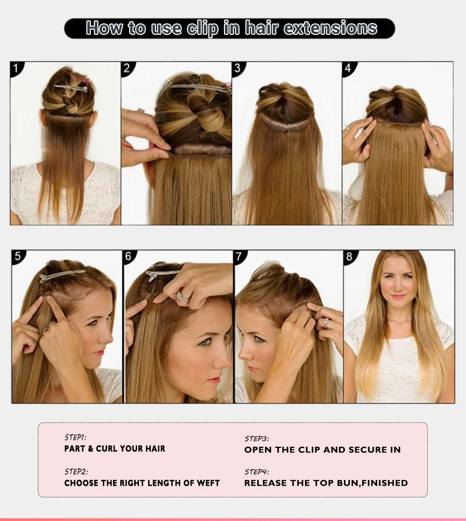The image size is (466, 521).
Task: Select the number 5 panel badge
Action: click(17, 256)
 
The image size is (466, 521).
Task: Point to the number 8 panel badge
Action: click(349, 256)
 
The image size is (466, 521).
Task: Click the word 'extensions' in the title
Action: click(330, 28)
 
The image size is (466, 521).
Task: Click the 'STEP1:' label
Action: click(75, 437)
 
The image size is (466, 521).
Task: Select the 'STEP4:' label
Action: click(257, 472)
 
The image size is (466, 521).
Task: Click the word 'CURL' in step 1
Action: click(107, 449)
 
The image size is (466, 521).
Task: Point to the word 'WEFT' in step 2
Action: click(208, 483)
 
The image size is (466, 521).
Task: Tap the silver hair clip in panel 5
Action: click(63, 277)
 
